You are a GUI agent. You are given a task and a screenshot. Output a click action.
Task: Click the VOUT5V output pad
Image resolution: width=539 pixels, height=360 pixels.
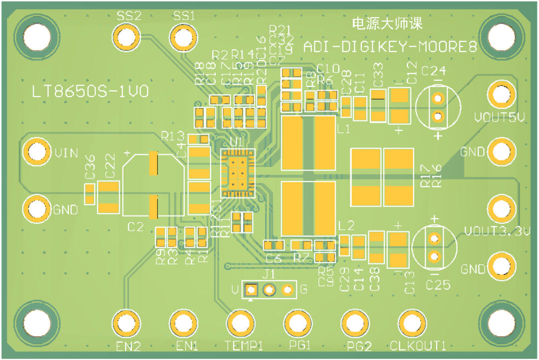click(501, 93)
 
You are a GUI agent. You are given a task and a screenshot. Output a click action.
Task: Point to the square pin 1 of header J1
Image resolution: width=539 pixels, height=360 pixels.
click(251, 290)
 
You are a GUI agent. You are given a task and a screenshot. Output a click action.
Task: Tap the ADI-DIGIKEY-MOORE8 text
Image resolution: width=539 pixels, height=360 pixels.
click(390, 48)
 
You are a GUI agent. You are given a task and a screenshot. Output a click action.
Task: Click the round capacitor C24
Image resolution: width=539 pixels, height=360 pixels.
click(438, 107)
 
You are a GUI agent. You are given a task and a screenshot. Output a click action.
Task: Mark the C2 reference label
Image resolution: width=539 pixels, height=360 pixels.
click(135, 227)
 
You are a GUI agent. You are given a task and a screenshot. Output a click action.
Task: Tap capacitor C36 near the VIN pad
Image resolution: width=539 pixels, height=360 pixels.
click(90, 194)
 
